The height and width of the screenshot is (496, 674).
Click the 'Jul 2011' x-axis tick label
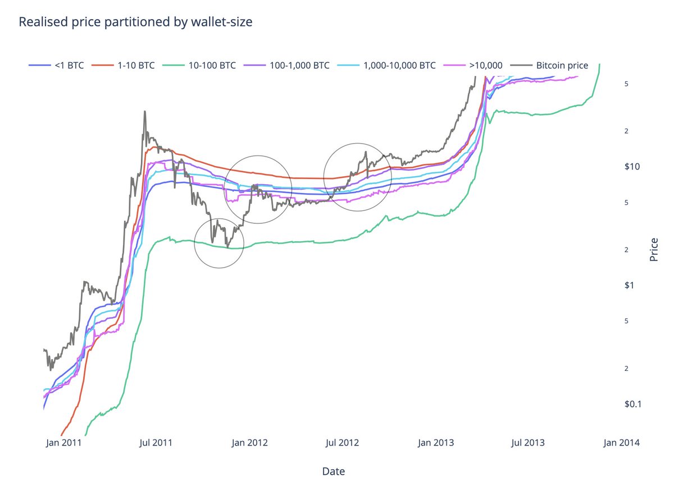[x=156, y=443]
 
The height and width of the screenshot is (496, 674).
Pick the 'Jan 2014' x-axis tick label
[x=620, y=443]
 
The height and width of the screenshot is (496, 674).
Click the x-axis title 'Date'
[x=333, y=471]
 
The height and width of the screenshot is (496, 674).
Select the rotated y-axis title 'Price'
[x=654, y=250]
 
